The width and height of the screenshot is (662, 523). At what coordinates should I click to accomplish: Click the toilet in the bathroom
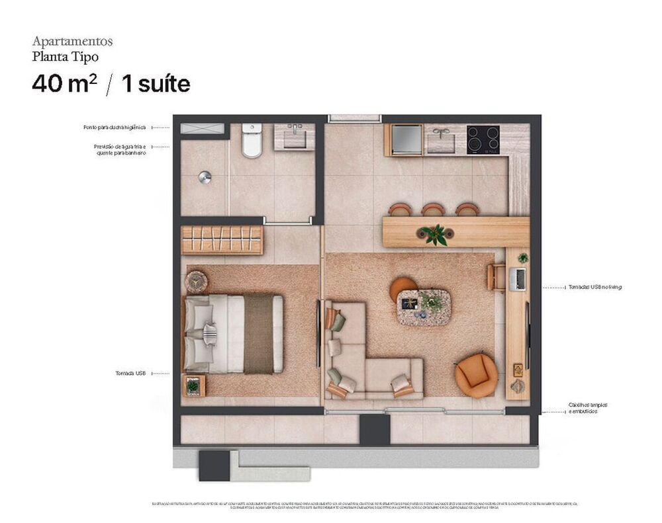pyautogui.click(x=252, y=141)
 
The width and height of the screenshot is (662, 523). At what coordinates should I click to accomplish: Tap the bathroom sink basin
pyautogui.click(x=295, y=138)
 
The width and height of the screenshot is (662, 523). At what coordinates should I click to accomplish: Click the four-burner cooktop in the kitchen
pyautogui.click(x=483, y=140)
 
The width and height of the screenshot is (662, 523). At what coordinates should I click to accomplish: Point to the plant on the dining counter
pyautogui.click(x=434, y=234)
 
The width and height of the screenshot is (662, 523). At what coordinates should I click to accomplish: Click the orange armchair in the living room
pyautogui.click(x=476, y=375)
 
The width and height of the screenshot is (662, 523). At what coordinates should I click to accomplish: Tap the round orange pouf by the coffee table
pyautogui.click(x=402, y=289)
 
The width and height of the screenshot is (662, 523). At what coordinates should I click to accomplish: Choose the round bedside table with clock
pyautogui.click(x=196, y=282)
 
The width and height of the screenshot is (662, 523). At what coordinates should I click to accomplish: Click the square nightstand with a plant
pyautogui.click(x=193, y=385)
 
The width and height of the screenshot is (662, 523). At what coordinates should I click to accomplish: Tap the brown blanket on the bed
pyautogui.click(x=258, y=334)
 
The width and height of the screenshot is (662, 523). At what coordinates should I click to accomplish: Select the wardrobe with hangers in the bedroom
pyautogui.click(x=222, y=240)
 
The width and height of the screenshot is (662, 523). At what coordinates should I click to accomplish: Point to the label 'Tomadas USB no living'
pyautogui.click(x=594, y=288)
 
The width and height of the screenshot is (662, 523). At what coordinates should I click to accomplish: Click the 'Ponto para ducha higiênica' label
pyautogui.click(x=115, y=127)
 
